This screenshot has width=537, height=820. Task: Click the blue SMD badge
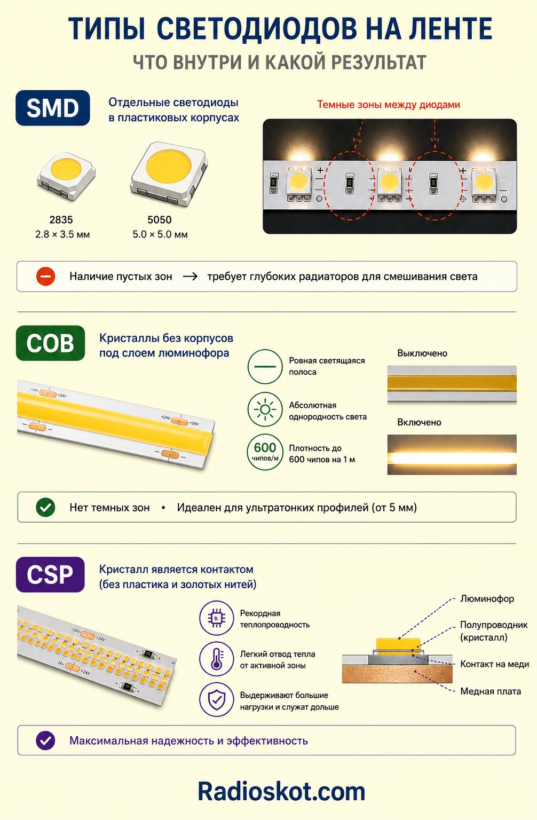tap(53, 108)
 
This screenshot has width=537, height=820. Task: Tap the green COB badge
tap(51, 343)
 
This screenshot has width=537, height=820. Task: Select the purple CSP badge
tap(50, 574)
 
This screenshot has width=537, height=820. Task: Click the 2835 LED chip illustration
tap(66, 176)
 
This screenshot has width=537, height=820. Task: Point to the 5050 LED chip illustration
tap(169, 173)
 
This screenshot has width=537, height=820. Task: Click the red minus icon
tap(45, 277)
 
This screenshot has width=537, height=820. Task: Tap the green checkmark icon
tap(45, 507)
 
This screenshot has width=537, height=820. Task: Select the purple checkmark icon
tap(45, 740)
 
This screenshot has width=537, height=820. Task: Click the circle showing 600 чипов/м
tap(265, 452)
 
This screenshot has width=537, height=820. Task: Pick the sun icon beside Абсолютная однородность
tap(265, 409)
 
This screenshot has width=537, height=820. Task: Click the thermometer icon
tap(217, 659)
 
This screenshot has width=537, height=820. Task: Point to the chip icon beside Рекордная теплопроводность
tap(217, 618)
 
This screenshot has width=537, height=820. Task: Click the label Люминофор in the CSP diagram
tap(487, 599)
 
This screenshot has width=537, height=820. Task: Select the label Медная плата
tap(491, 691)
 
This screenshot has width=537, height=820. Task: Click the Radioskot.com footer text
tap(281, 792)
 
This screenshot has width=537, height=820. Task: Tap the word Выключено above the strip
tap(422, 353)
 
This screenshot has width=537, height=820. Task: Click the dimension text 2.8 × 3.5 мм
tap(62, 234)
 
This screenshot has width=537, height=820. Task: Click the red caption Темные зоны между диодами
tap(389, 105)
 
